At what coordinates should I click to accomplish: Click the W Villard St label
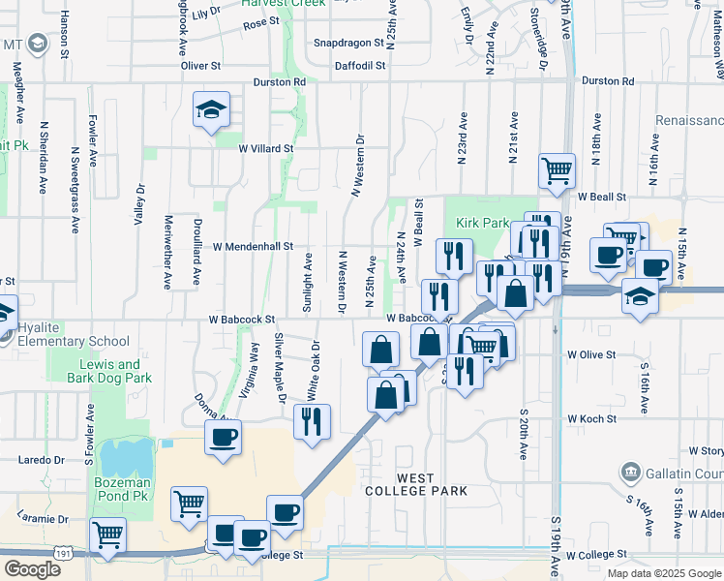(266, 148)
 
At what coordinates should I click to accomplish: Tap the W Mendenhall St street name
(252, 247)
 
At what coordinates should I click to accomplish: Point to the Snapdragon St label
(349, 44)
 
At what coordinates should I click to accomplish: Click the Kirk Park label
(483, 223)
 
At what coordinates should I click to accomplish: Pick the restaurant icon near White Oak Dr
(312, 421)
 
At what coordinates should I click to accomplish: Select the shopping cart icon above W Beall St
(557, 170)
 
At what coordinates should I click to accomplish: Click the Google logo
(32, 569)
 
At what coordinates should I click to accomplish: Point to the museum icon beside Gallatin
(630, 472)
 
